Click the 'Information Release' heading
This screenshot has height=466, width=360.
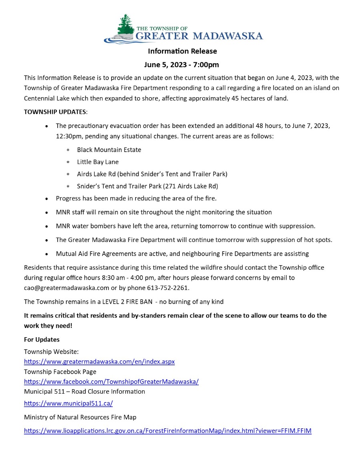tap(182, 51)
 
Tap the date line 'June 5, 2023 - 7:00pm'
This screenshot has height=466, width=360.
tap(181, 65)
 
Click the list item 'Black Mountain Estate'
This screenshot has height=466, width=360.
tap(109, 150)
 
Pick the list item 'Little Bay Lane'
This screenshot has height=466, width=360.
tap(98, 162)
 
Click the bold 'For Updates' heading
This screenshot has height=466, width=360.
tap(42, 340)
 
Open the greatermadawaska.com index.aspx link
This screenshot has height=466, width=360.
tap(99, 362)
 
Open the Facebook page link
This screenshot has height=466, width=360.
tap(111, 382)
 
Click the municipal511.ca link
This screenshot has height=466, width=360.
tap(68, 403)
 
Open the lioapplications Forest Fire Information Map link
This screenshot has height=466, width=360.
tap(168, 431)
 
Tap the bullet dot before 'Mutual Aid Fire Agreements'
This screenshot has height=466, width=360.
tap(47, 254)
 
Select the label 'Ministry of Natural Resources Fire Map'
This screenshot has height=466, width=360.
tap(80, 417)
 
